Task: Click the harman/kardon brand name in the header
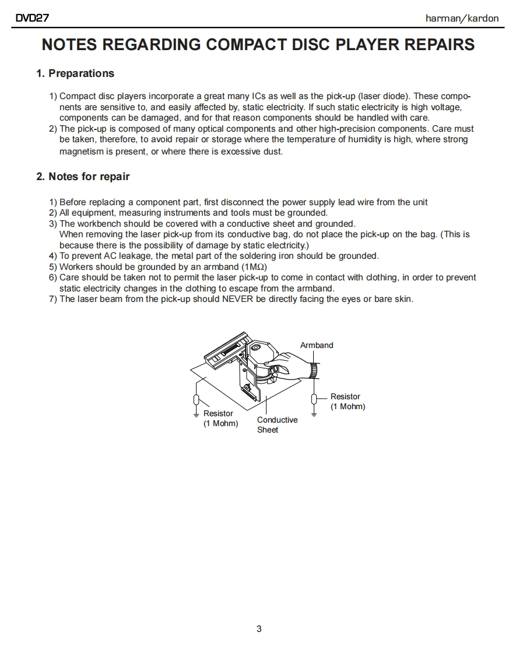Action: [462, 18]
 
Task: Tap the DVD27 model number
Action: [33, 18]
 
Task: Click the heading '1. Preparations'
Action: [75, 73]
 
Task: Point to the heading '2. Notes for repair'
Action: [83, 177]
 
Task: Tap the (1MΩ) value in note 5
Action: [254, 267]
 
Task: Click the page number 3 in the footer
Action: [259, 628]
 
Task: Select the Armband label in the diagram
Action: [317, 345]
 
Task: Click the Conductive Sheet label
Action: [277, 424]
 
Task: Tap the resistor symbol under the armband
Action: [314, 399]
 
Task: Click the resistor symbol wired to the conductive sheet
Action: [197, 400]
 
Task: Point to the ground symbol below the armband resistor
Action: [314, 414]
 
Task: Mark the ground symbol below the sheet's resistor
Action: [197, 415]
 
